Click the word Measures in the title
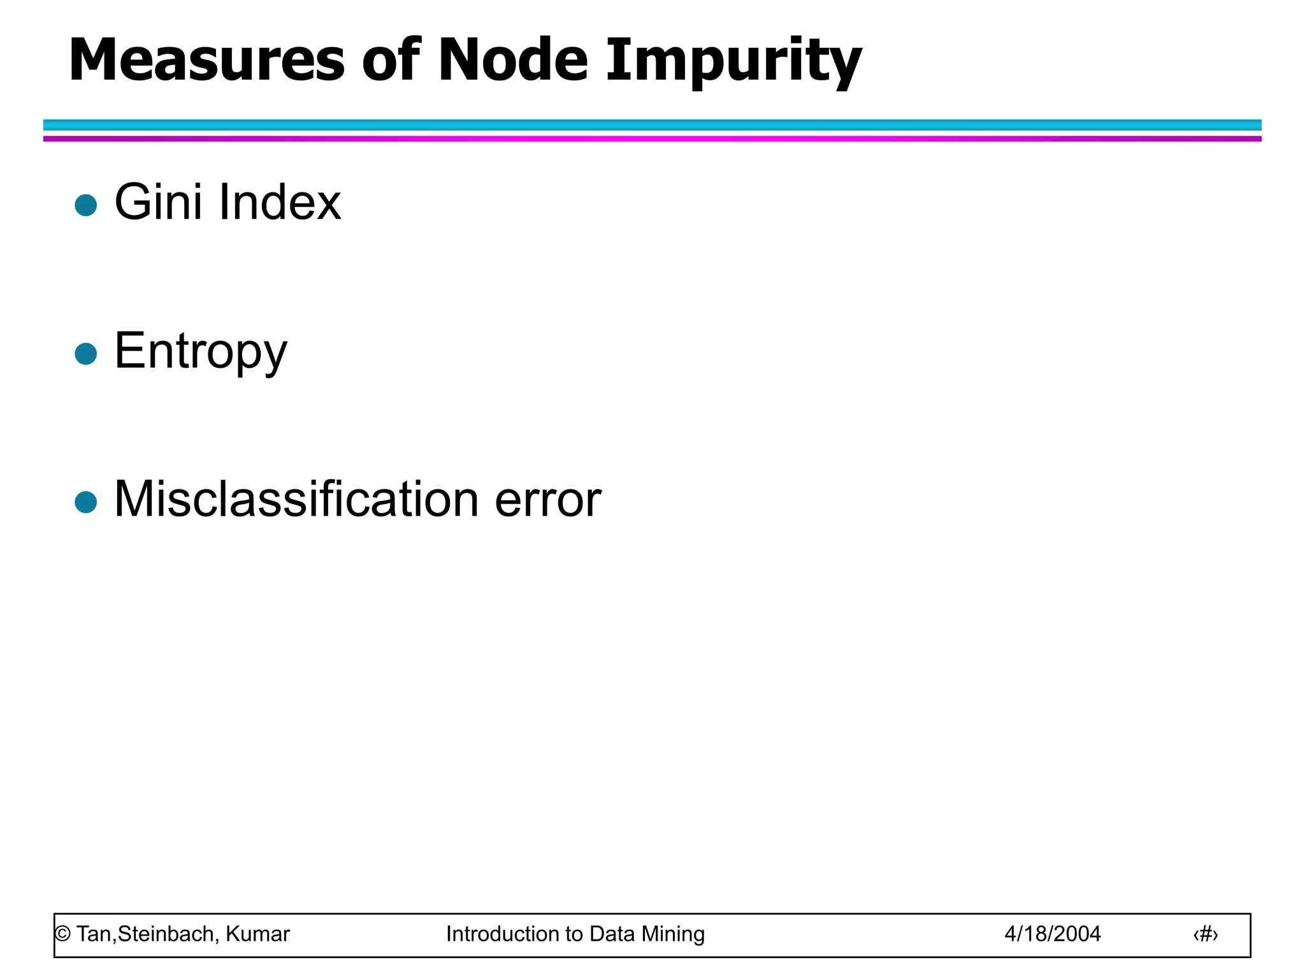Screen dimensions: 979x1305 coord(206,61)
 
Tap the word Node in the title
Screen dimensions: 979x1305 coord(513,61)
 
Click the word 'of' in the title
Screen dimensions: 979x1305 coord(391,61)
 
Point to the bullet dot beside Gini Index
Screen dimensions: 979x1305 coord(86,205)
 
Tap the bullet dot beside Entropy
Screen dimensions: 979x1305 coord(86,354)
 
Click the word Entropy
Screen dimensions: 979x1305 coord(201,352)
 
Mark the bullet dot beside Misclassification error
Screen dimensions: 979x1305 coord(86,502)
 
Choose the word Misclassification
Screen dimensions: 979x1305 coord(296,499)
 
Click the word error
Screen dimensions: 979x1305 coord(548,500)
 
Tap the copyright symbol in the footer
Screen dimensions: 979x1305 coord(62,934)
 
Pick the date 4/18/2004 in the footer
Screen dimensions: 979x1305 coord(1053,934)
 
